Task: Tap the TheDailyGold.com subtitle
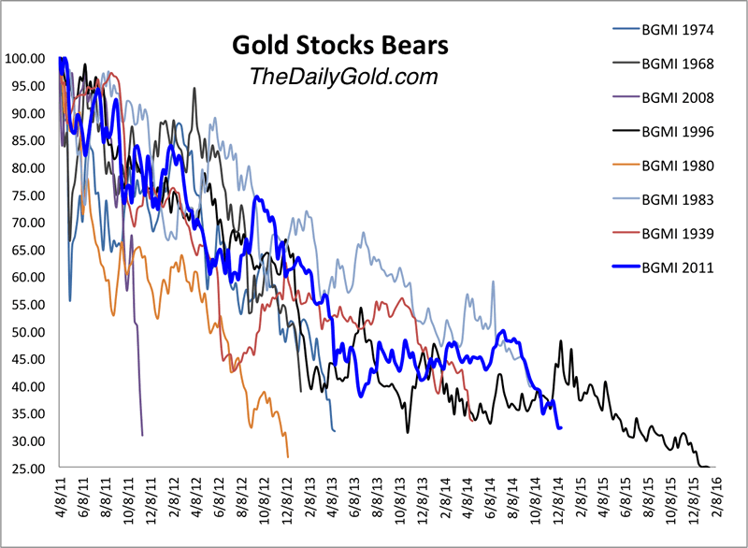pos(329,77)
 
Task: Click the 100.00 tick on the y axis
pos(25,59)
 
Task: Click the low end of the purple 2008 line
pos(142,435)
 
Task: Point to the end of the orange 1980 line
pos(288,456)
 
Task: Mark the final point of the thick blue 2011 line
pos(560,427)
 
